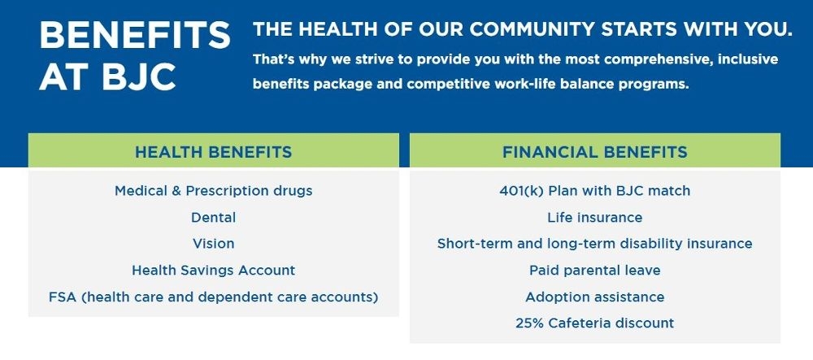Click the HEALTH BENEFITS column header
(213, 152)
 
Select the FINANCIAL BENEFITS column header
(594, 152)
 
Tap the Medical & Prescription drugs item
(213, 191)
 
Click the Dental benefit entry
(213, 217)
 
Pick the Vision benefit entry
(213, 243)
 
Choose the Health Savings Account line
(213, 270)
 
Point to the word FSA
(63, 297)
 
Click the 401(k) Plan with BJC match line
(594, 191)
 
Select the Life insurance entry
(594, 217)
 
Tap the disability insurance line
(594, 243)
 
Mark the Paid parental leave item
(594, 270)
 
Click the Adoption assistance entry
(594, 297)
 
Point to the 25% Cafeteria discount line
(594, 323)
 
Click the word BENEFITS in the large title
(135, 36)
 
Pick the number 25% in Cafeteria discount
(529, 323)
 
